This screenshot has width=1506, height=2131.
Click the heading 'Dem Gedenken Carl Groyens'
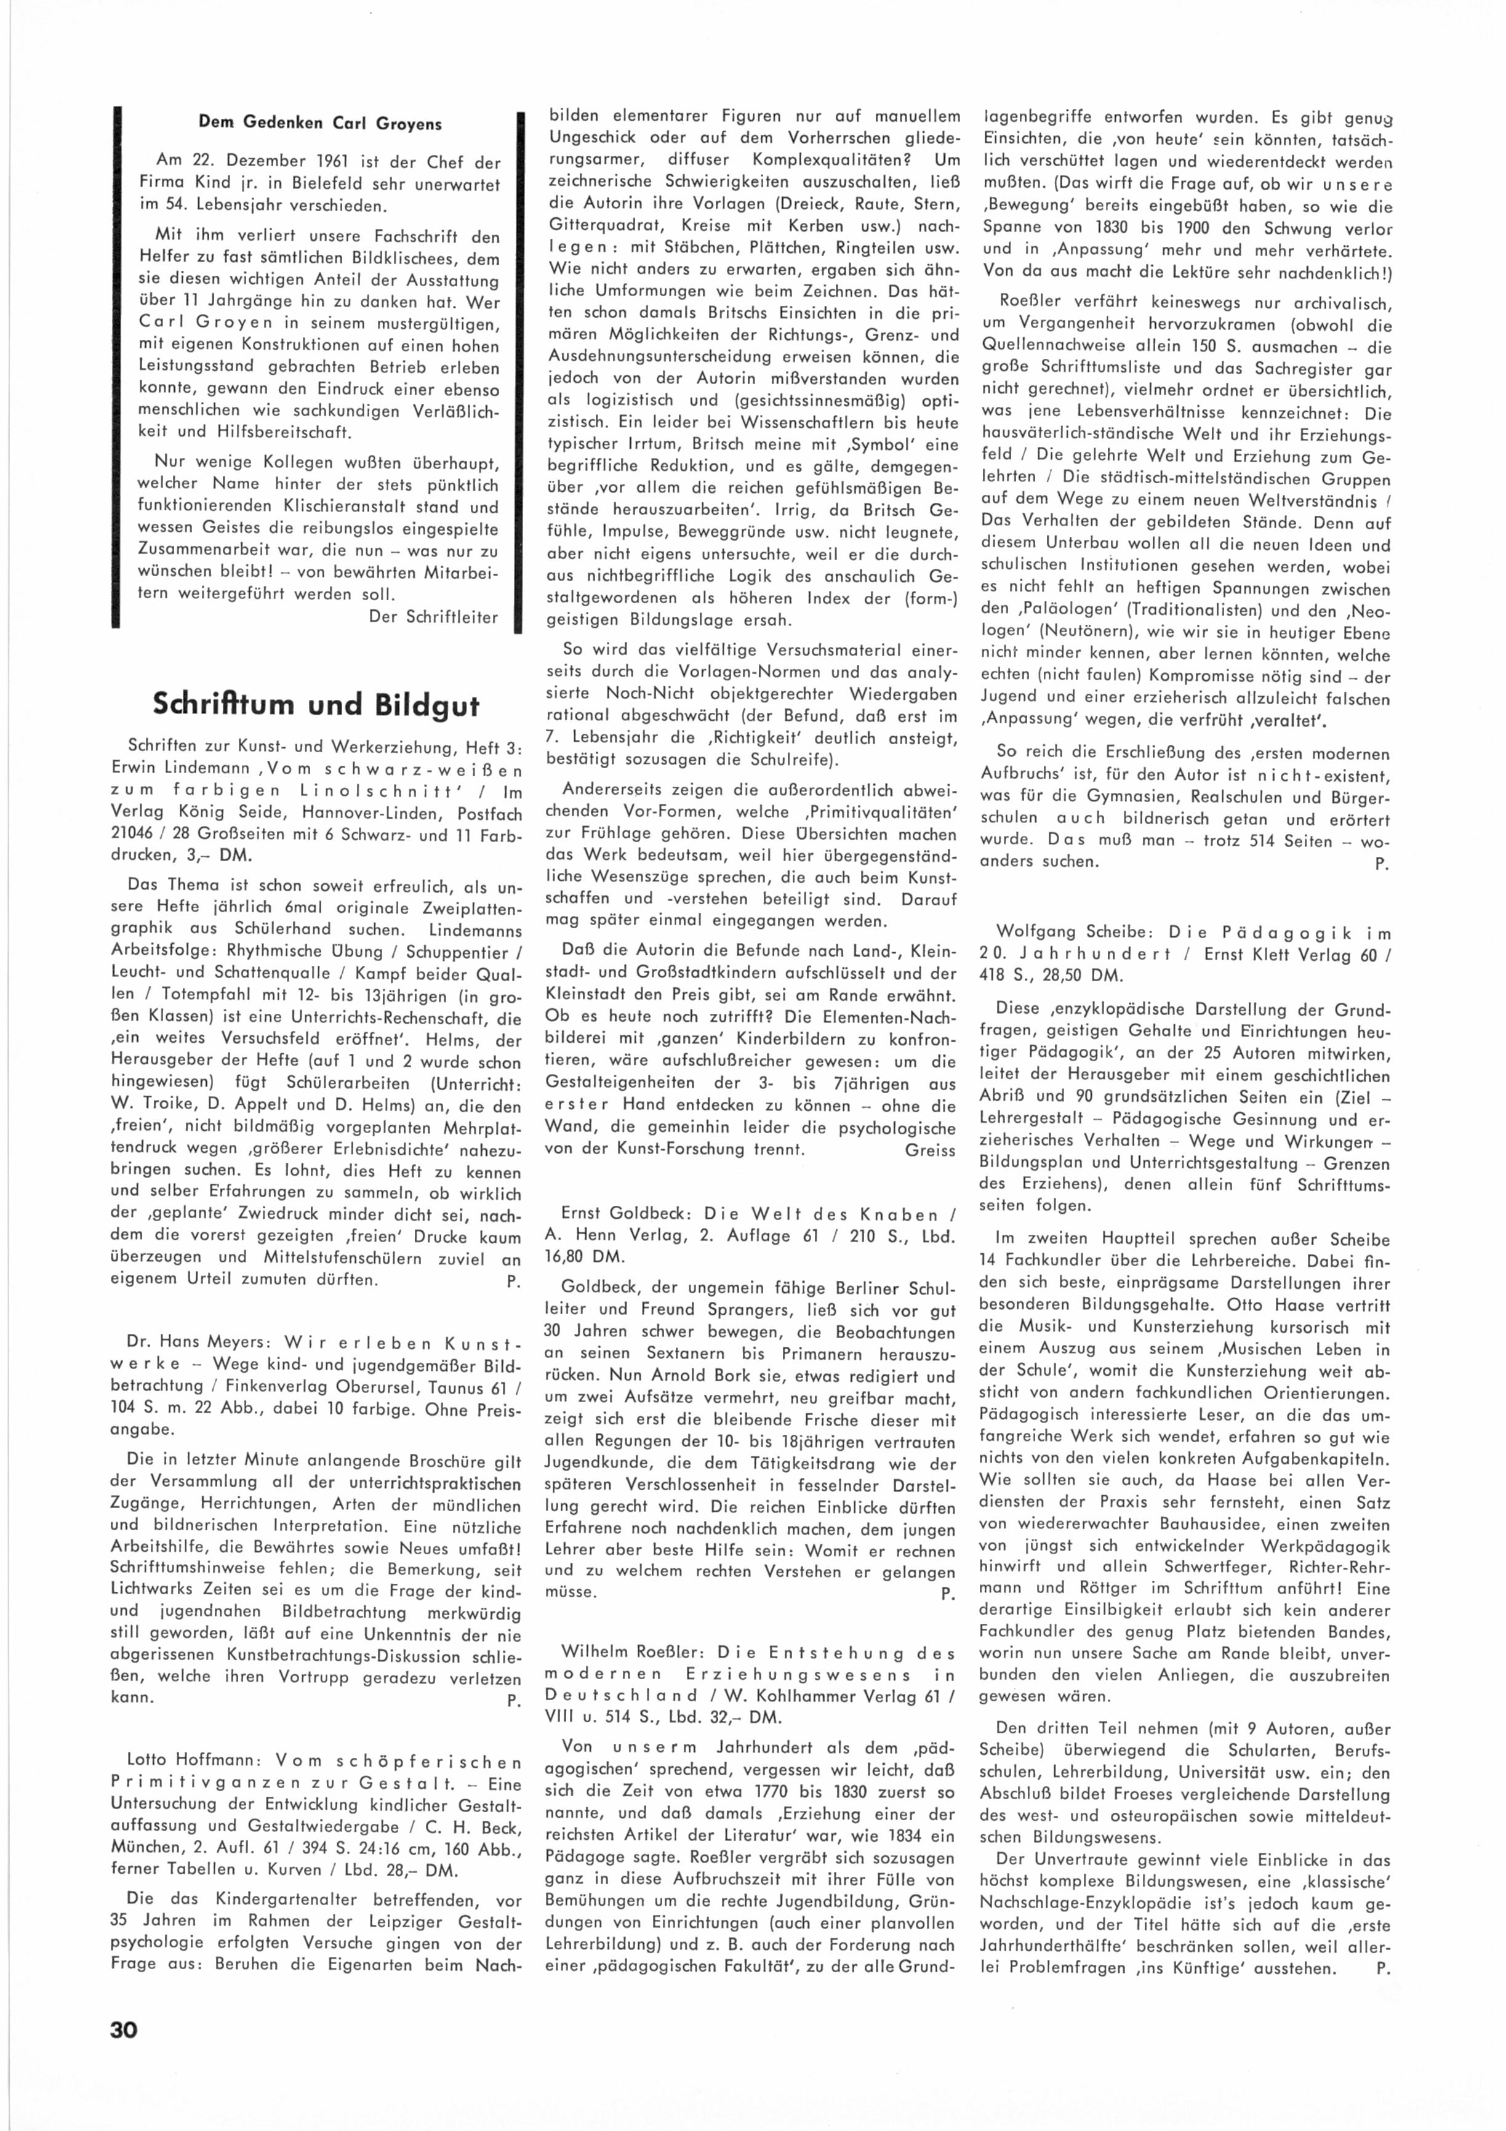click(320, 124)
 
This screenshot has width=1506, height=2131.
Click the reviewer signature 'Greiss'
click(930, 1150)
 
